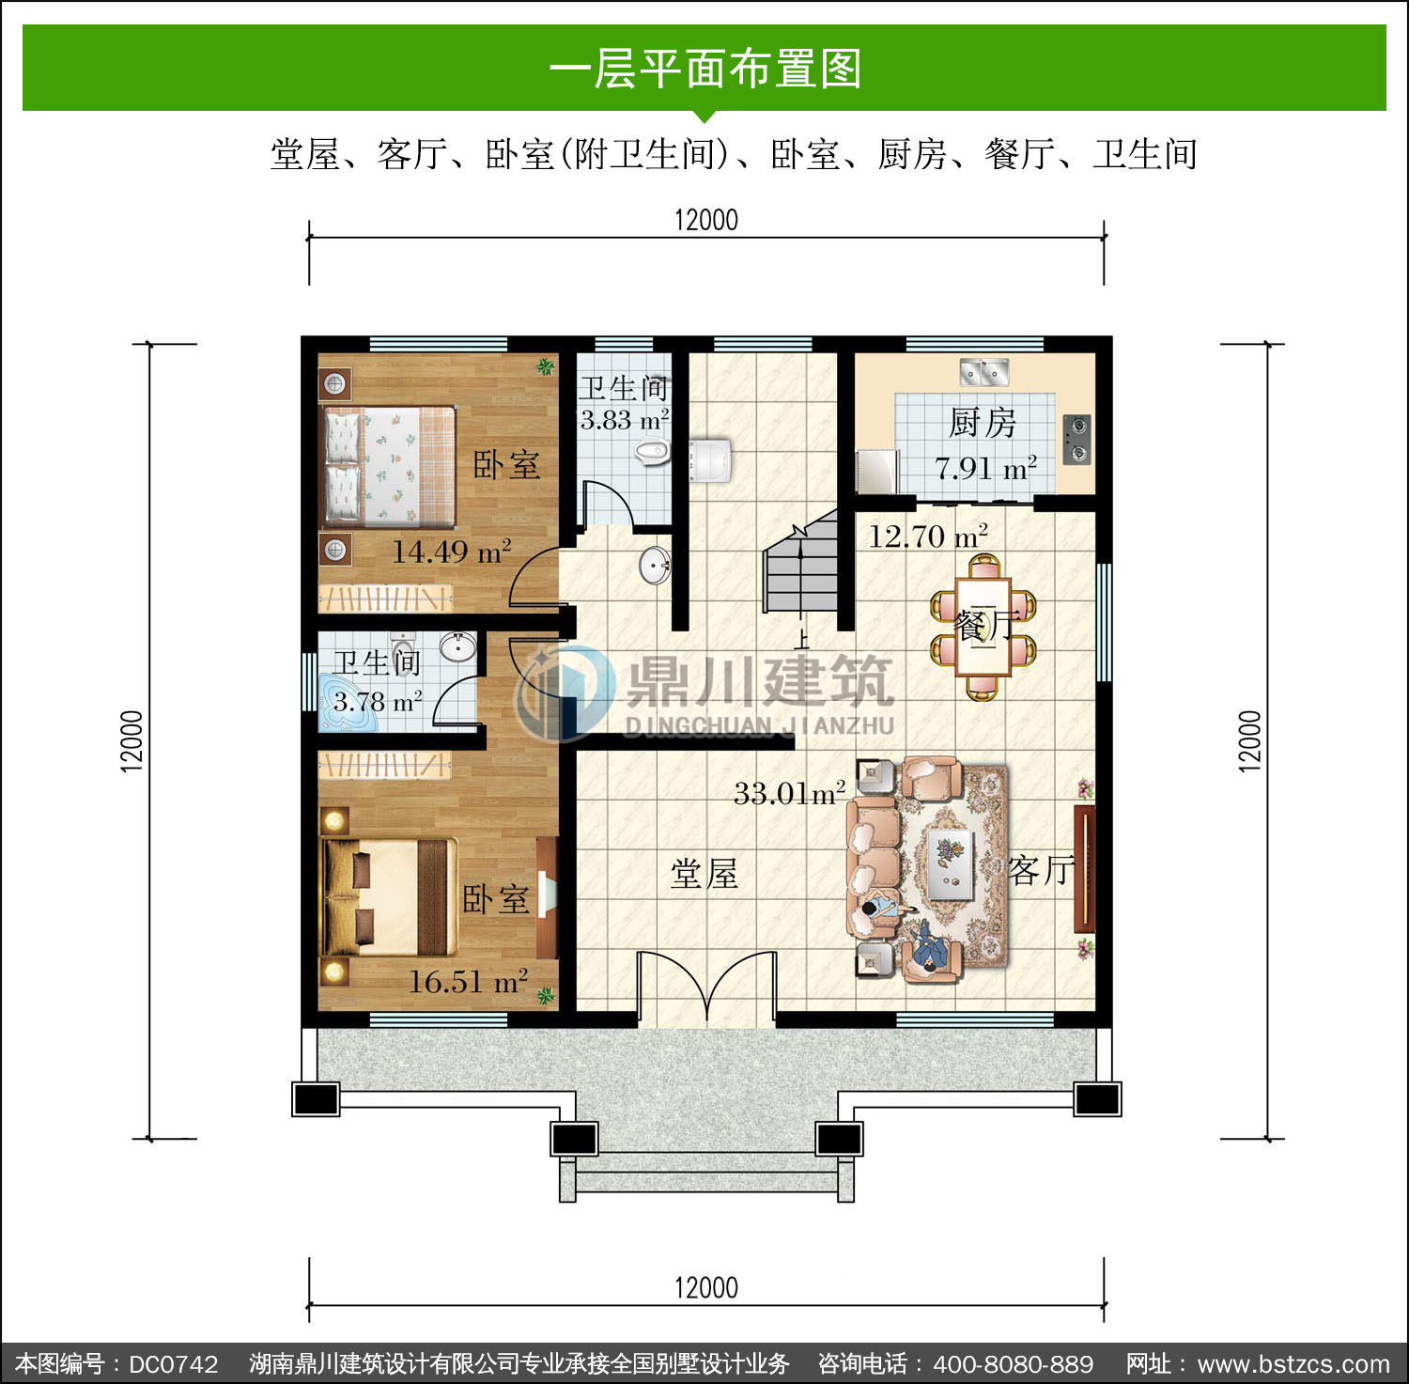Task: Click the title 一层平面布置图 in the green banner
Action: pos(704,70)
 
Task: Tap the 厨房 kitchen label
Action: pos(983,423)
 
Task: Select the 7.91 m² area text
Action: pos(985,467)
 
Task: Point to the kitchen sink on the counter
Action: pos(983,372)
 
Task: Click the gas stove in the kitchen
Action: pos(1076,440)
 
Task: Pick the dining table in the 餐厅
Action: pos(983,626)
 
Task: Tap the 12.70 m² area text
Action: pos(928,536)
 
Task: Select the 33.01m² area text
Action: pos(789,793)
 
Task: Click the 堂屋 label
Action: pos(704,874)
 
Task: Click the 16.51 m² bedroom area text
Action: pos(468,982)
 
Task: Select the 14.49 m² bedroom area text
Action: pos(452,551)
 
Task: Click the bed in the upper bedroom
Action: pos(389,465)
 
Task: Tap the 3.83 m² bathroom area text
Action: pos(625,419)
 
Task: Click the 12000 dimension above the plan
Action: pos(706,220)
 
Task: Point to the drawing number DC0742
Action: pos(173,1364)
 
